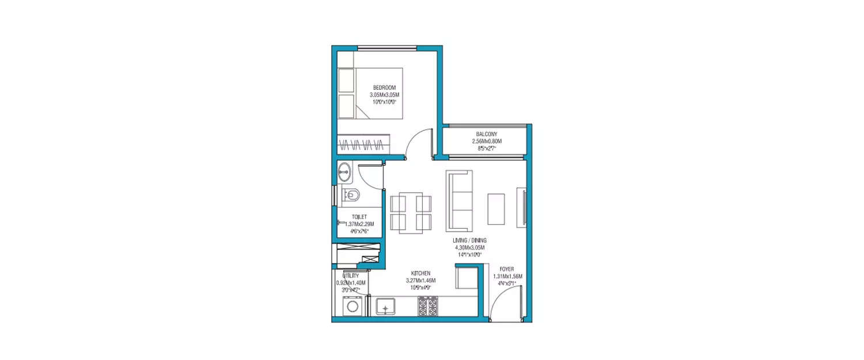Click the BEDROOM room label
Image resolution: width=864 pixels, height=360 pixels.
(x=384, y=88)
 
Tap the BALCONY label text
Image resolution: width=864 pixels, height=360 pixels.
(x=487, y=134)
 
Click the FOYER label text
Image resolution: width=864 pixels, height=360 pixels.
(x=507, y=269)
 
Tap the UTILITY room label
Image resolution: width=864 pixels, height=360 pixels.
(x=351, y=276)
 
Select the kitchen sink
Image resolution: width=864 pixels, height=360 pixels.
(x=385, y=306)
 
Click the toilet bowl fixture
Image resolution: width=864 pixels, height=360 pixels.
(x=350, y=194)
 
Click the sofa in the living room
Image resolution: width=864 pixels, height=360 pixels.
(x=459, y=200)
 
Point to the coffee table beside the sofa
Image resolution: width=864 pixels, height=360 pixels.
(x=496, y=209)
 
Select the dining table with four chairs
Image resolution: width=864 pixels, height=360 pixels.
(x=411, y=212)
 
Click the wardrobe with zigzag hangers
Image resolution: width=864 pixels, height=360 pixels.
(x=362, y=144)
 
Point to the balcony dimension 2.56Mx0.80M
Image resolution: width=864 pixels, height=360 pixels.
(x=487, y=141)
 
